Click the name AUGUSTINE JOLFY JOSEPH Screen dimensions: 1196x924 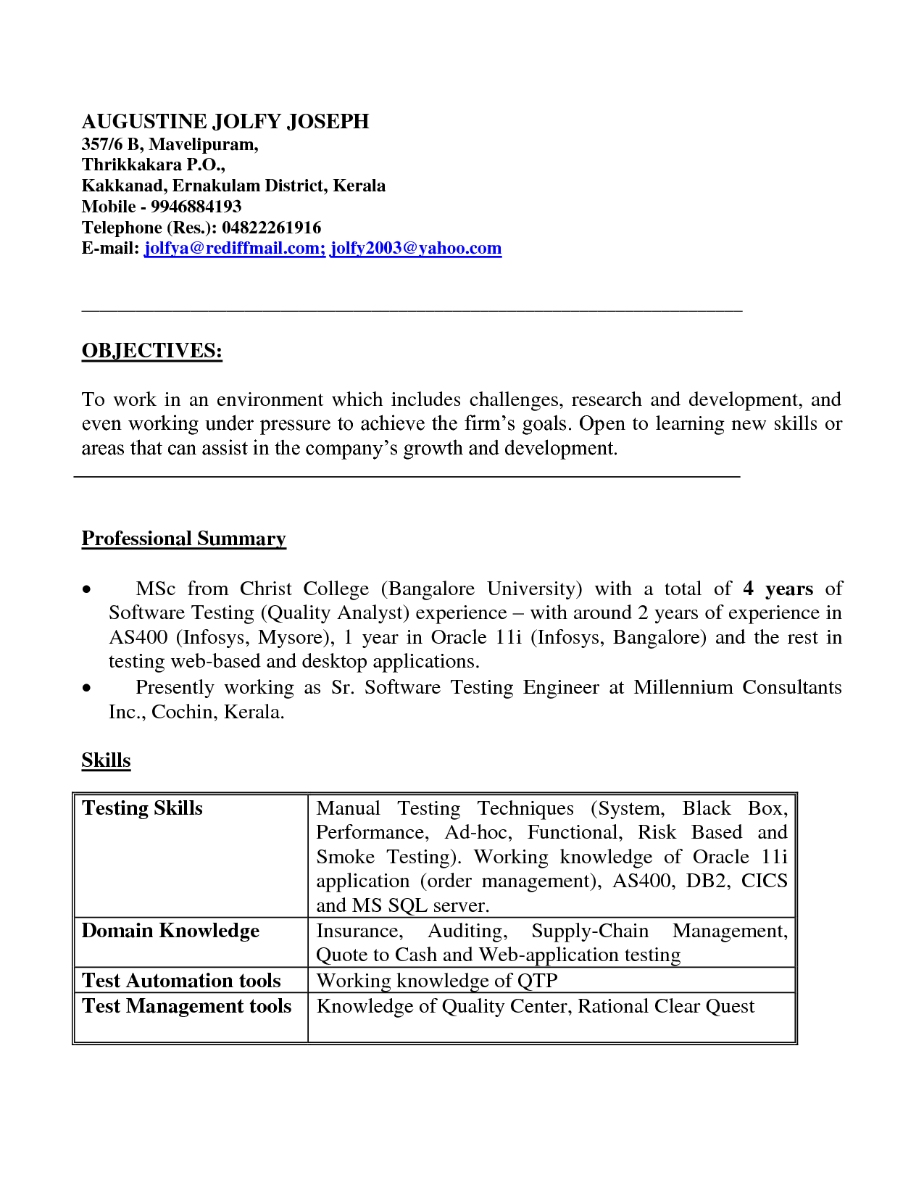point(225,121)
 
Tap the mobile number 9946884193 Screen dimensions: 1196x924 point(196,207)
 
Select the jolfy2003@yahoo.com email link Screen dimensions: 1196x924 point(416,249)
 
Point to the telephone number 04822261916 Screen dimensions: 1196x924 point(271,228)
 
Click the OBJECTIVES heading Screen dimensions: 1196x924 point(151,351)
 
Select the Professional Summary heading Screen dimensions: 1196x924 point(183,539)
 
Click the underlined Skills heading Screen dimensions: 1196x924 point(106,760)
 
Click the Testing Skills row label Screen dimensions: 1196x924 point(142,808)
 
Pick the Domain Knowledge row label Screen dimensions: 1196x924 point(170,931)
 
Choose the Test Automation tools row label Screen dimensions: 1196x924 point(181,981)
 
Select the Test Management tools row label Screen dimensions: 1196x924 point(186,1006)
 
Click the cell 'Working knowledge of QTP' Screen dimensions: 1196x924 point(437,981)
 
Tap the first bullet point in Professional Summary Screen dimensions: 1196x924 point(87,589)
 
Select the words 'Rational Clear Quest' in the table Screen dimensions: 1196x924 point(665,1006)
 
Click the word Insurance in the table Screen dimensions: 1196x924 point(358,931)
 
